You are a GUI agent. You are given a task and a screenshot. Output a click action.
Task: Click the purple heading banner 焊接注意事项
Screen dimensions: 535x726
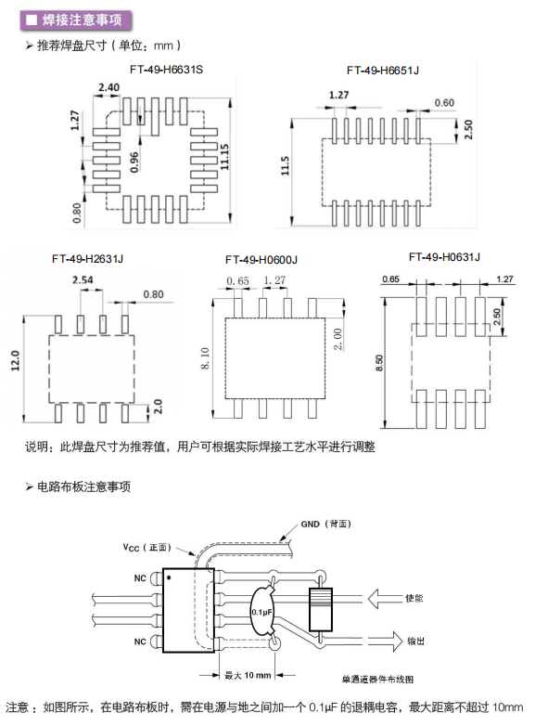tap(76, 19)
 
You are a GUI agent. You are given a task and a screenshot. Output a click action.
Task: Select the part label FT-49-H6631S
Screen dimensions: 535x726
tap(167, 70)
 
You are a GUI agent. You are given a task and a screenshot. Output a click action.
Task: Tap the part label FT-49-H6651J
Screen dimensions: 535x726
tap(383, 71)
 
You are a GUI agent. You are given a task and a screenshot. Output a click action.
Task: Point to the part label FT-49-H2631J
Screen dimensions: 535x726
tap(87, 259)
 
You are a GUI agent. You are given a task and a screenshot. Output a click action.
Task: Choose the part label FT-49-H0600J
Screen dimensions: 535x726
tap(261, 260)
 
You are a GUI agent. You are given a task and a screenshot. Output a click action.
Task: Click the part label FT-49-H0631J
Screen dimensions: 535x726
tap(444, 257)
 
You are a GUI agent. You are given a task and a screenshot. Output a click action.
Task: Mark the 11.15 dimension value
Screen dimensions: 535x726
tap(224, 157)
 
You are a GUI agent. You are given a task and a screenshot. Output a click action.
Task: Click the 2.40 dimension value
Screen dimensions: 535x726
tap(108, 87)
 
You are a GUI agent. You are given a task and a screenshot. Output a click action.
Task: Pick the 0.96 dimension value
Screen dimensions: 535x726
tap(134, 162)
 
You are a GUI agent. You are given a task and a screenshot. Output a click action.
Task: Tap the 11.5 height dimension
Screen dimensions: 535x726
tap(285, 166)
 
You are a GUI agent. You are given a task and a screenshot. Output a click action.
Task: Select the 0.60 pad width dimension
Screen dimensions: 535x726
tap(444, 102)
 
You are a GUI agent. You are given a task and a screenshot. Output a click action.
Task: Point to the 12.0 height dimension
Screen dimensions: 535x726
tap(15, 360)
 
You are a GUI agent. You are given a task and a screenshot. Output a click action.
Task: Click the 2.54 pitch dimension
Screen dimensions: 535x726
tap(83, 279)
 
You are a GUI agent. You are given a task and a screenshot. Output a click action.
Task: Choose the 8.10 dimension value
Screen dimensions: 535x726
tap(205, 358)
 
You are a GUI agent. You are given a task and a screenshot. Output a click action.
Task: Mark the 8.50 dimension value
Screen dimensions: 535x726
tap(379, 362)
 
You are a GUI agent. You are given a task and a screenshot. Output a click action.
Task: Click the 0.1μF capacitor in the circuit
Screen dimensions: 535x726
tap(263, 612)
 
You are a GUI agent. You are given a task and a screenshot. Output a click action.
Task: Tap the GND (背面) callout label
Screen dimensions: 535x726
tap(326, 524)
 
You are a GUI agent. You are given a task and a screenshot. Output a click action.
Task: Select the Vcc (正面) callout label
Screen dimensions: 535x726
tap(147, 547)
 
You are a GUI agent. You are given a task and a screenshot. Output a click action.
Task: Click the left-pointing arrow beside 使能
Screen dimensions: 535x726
tap(385, 598)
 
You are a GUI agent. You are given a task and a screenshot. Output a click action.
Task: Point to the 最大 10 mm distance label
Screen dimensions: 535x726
tap(248, 675)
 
